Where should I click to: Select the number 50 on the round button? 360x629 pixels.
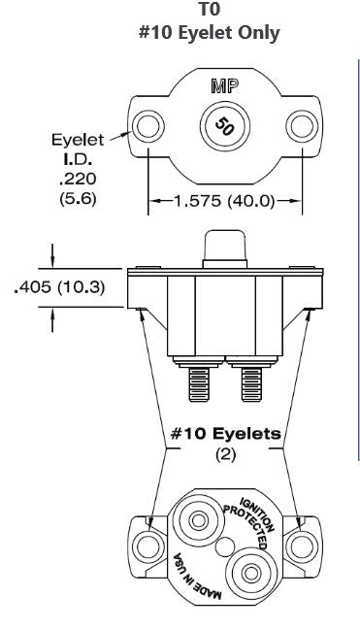(223, 126)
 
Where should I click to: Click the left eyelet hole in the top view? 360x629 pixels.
(149, 126)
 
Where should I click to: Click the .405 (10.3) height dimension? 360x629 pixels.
(61, 288)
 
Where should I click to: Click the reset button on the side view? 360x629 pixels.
(223, 248)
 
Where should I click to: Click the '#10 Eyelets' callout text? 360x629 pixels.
(226, 434)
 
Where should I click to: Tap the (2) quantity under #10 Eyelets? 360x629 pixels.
(225, 454)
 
